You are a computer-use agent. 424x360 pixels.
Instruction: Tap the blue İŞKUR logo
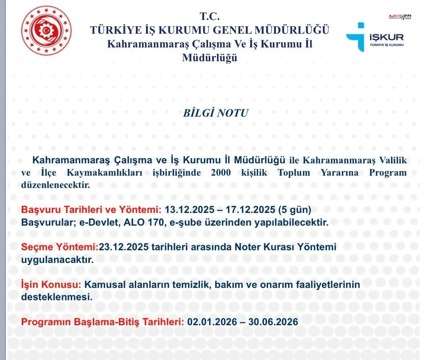[374, 37]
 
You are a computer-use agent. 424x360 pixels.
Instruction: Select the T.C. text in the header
[209, 16]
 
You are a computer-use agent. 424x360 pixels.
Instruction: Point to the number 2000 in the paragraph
[220, 173]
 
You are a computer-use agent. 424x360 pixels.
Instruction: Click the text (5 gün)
[294, 210]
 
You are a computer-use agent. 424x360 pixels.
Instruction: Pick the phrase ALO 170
[142, 222]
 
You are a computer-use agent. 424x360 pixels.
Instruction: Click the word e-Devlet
[102, 222]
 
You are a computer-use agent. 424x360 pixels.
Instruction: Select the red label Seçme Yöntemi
[60, 247]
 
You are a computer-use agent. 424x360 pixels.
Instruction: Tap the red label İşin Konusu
[51, 285]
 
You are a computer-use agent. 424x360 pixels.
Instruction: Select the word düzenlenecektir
[55, 185]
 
